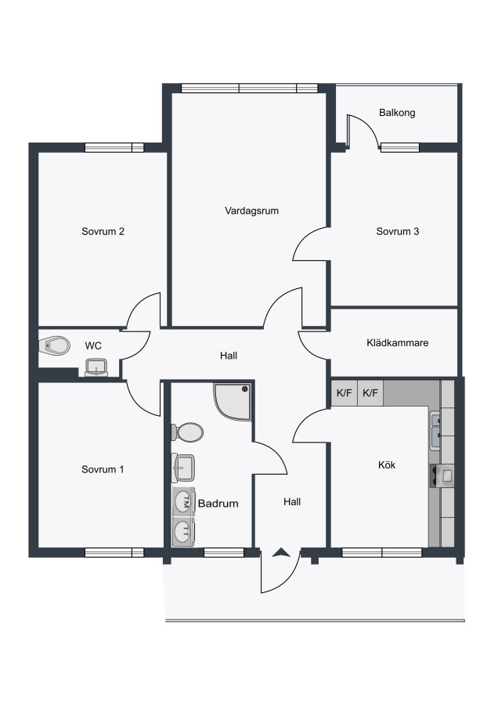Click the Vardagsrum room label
[251, 211]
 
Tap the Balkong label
[397, 112]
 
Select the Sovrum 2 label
[103, 232]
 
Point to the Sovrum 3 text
[398, 232]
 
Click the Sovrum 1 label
[103, 469]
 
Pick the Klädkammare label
[398, 342]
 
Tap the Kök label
[387, 465]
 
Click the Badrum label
[218, 504]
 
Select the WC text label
[93, 345]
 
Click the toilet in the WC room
[54, 345]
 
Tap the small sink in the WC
[96, 367]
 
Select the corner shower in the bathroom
[233, 402]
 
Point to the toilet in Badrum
[187, 432]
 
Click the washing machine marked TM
[184, 502]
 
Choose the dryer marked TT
[184, 532]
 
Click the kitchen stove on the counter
[442, 475]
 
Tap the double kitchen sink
[436, 431]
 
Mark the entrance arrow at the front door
[280, 552]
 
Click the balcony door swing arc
[365, 129]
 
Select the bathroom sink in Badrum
[183, 467]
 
